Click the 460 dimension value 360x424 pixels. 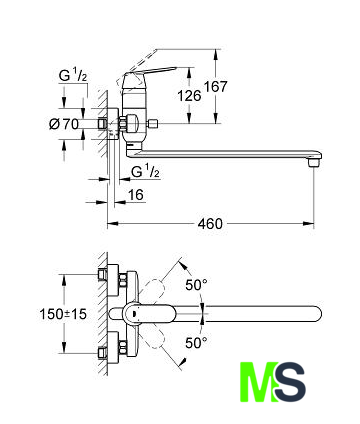coord(210,224)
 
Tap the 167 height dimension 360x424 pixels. coord(215,86)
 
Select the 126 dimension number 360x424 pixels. coord(189,96)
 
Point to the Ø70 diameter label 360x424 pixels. coord(64,124)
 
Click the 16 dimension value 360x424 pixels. coord(136,195)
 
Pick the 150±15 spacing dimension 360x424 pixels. coord(63,314)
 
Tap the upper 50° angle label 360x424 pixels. coord(196,285)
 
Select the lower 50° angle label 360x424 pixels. coord(196,343)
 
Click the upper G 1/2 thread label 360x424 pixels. coord(73,76)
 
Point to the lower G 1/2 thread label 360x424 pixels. coord(146,172)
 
